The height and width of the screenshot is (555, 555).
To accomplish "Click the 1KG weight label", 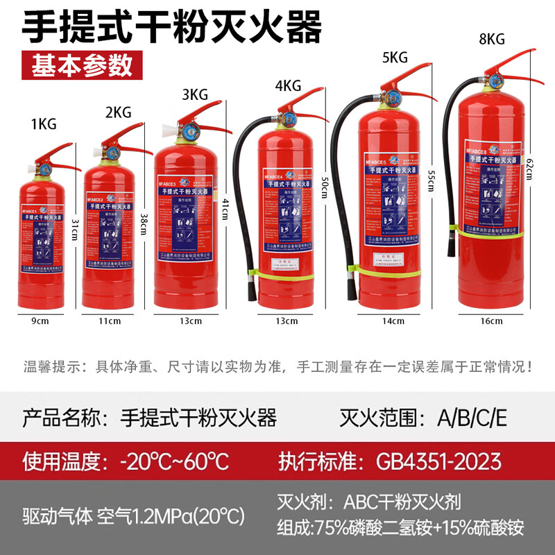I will pos(43,124).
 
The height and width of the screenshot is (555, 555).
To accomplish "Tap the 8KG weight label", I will pos(490,40).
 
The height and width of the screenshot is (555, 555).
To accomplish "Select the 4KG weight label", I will pos(287,86).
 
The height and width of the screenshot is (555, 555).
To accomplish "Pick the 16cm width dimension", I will pos(490,321).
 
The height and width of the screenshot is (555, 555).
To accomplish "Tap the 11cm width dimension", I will pos(110,321).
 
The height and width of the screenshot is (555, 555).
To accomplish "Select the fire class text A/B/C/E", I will pos(472,418).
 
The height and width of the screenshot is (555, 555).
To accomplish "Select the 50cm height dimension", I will pos(323,187).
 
